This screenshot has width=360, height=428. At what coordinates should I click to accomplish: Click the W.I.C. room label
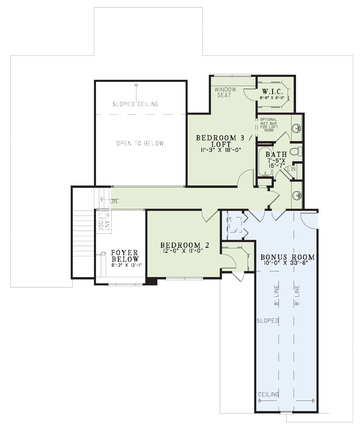272,91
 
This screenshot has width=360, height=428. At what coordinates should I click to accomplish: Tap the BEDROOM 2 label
185,245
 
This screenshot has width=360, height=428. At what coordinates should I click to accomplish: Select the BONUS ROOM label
287,257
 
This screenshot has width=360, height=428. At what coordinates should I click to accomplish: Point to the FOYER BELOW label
125,256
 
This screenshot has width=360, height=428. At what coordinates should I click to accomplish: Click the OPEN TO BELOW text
140,143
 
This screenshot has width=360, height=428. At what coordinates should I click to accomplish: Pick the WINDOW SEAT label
225,92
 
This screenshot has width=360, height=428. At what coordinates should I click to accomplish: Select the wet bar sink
297,128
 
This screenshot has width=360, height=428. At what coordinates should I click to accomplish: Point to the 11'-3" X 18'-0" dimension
221,150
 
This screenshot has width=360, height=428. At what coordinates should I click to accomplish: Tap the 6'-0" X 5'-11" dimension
272,97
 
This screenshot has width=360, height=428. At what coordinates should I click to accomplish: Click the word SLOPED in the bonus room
268,320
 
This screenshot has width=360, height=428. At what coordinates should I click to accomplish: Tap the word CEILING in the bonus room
269,394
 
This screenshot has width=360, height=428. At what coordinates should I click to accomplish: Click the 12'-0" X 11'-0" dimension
183,251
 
